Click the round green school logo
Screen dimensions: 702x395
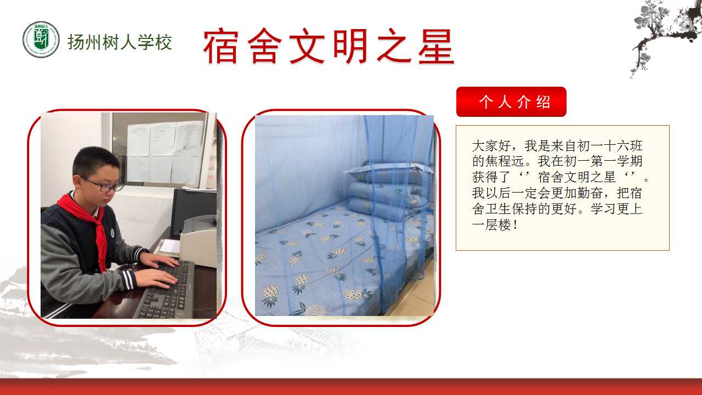[41, 39]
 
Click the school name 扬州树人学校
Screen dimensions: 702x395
[120, 42]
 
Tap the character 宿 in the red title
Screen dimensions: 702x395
[221, 46]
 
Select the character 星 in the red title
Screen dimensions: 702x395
[436, 46]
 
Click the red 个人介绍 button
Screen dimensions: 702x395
[511, 101]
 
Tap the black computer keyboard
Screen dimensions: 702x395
[166, 290]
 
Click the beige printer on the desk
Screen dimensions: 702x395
[198, 242]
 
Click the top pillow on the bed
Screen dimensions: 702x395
[389, 173]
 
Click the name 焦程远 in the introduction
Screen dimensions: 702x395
[505, 161]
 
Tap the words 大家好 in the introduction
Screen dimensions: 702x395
[491, 146]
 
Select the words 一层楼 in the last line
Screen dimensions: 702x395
[491, 225]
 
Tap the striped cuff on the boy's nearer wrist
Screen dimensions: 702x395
[128, 280]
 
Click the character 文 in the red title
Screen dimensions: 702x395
[307, 46]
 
